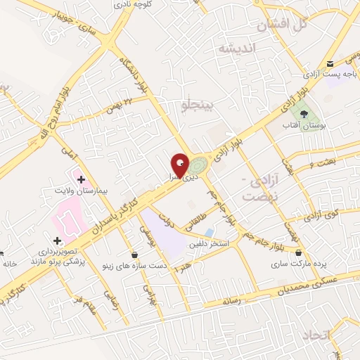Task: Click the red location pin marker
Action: (x=180, y=165)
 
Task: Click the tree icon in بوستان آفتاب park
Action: (x=304, y=112)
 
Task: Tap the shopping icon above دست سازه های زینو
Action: (x=134, y=254)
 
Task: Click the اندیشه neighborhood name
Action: (x=240, y=49)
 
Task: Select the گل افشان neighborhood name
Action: (x=283, y=25)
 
